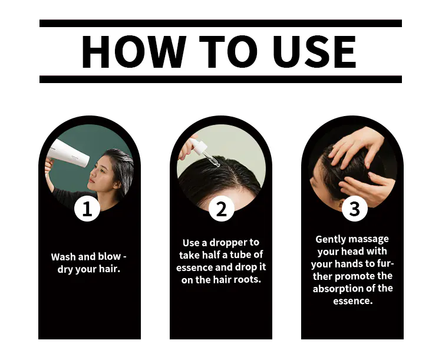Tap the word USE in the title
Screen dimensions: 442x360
click(x=314, y=52)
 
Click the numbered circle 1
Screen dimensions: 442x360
click(x=87, y=209)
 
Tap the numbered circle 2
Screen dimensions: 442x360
click(x=222, y=209)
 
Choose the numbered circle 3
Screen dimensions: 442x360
click(x=355, y=209)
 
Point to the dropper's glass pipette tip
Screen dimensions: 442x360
click(x=217, y=166)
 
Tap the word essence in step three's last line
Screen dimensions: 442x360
click(x=352, y=301)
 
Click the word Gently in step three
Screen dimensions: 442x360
click(x=328, y=239)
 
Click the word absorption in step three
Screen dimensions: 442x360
click(x=338, y=289)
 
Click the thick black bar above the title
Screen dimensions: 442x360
click(x=221, y=24)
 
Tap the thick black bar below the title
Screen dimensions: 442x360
click(x=221, y=79)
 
